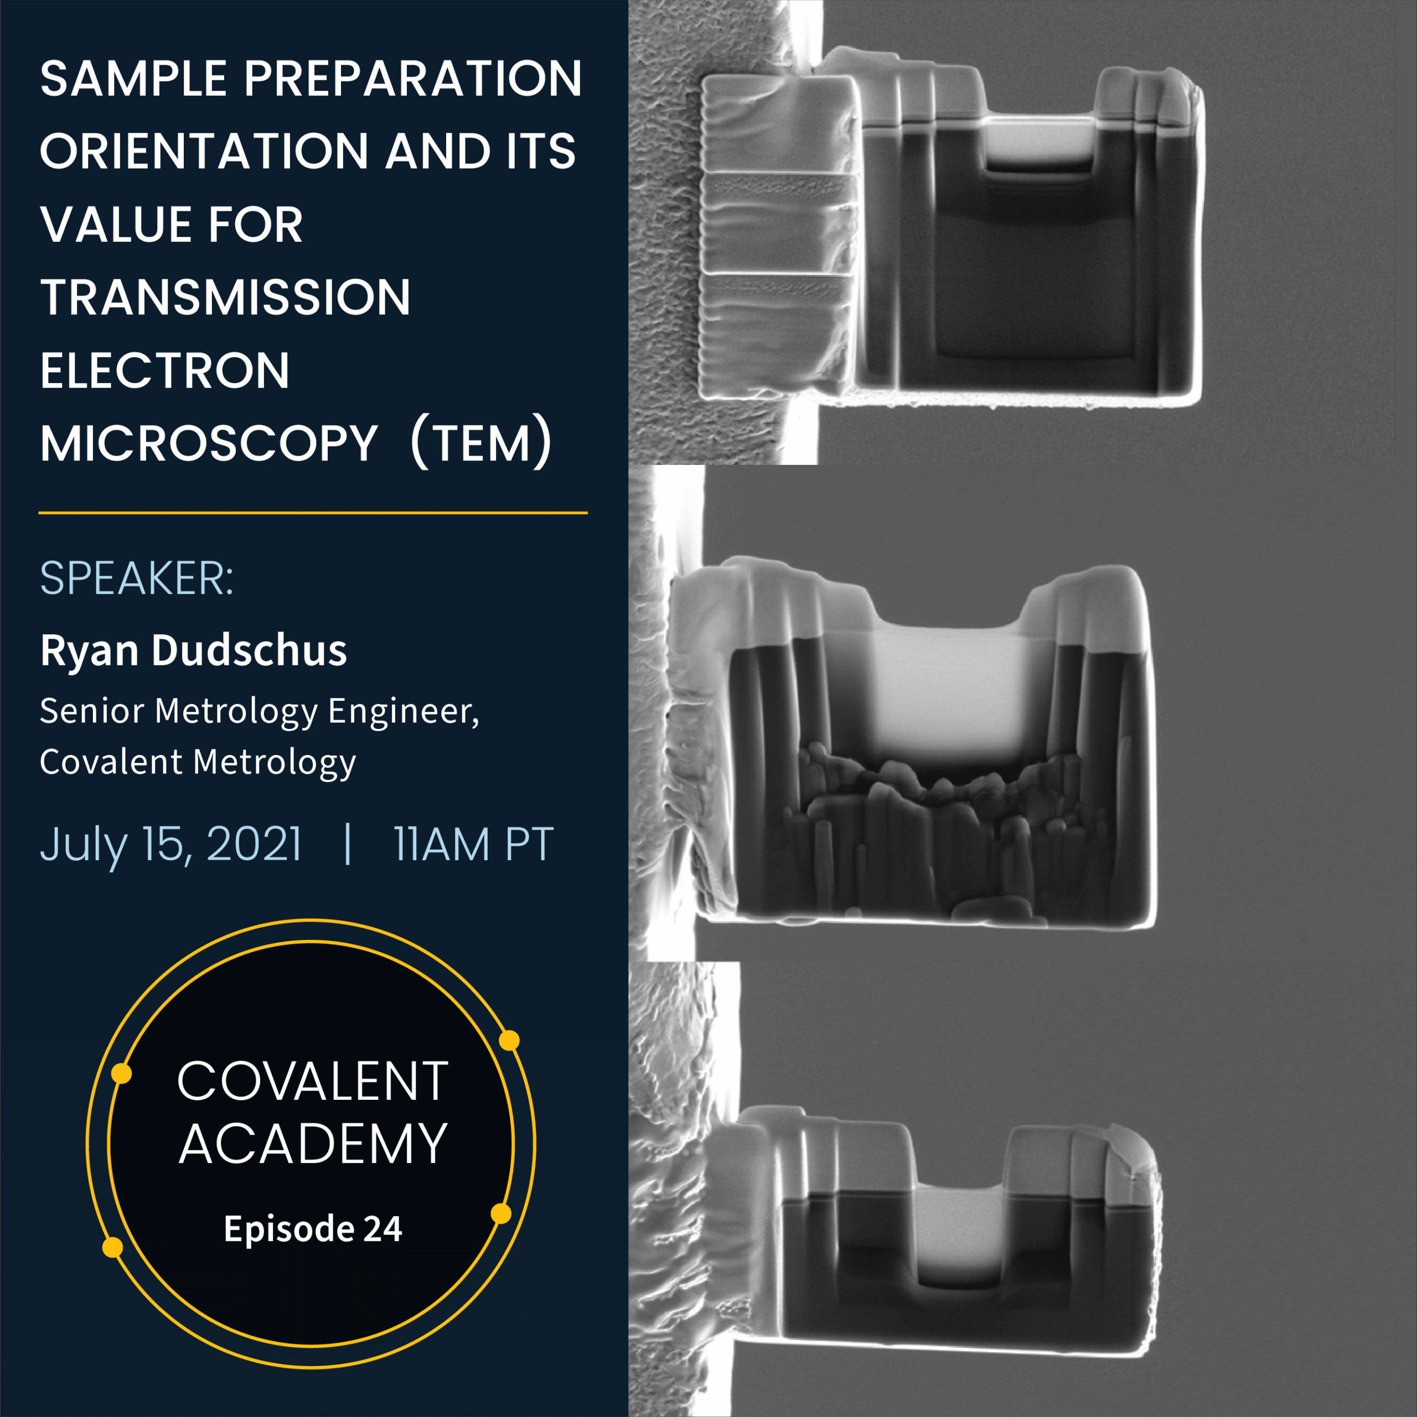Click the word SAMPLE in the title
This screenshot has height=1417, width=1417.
[x=133, y=79]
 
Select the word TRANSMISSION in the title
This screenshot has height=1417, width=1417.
[x=225, y=298]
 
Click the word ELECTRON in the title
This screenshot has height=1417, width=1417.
[x=164, y=371]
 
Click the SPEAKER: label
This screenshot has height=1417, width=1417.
[x=136, y=578]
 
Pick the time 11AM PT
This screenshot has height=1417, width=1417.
[x=473, y=845]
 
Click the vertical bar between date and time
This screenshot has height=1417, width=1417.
[x=348, y=845]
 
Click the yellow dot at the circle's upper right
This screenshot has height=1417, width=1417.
[x=509, y=1041]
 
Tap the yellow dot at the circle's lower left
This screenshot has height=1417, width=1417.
[x=112, y=1247]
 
